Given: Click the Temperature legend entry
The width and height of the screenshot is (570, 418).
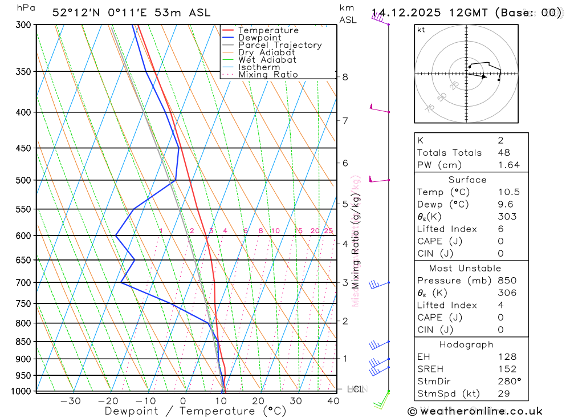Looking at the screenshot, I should (x=268, y=30).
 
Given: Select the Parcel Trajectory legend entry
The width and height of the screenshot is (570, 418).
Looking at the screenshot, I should (x=280, y=45).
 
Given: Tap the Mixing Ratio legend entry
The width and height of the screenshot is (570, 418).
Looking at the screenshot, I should (x=268, y=74).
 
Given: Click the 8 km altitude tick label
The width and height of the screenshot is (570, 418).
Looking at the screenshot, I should (x=345, y=77).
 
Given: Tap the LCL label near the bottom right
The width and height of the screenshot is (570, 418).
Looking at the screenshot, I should (x=356, y=389).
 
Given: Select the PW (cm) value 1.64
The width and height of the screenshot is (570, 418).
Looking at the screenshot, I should (x=508, y=165).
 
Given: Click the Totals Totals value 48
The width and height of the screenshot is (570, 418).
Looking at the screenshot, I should (x=503, y=152).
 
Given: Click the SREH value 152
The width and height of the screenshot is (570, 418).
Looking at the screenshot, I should (x=506, y=369).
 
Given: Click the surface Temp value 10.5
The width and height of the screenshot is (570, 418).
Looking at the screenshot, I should (x=508, y=192).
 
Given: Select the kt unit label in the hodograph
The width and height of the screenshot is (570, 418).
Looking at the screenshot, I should (x=421, y=30).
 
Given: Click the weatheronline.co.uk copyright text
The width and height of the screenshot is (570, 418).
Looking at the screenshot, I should (x=475, y=411).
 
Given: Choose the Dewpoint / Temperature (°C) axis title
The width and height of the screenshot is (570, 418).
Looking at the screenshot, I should (x=195, y=411).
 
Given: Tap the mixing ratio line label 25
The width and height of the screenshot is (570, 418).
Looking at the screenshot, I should (x=328, y=231).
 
